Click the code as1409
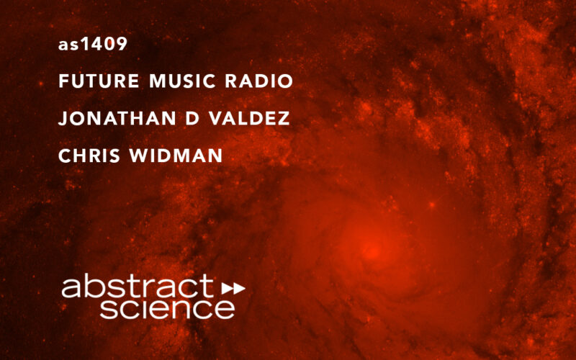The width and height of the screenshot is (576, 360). tap(93, 45)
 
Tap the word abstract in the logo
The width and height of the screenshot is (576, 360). tap(138, 287)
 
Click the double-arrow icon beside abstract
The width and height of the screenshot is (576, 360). tap(233, 288)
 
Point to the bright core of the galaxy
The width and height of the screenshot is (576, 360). tap(372, 251)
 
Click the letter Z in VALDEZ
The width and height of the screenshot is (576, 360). tap(284, 119)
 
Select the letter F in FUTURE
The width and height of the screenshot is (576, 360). tap(63, 81)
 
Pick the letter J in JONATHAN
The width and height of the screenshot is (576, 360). tap(62, 119)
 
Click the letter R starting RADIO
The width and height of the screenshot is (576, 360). tap(234, 81)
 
